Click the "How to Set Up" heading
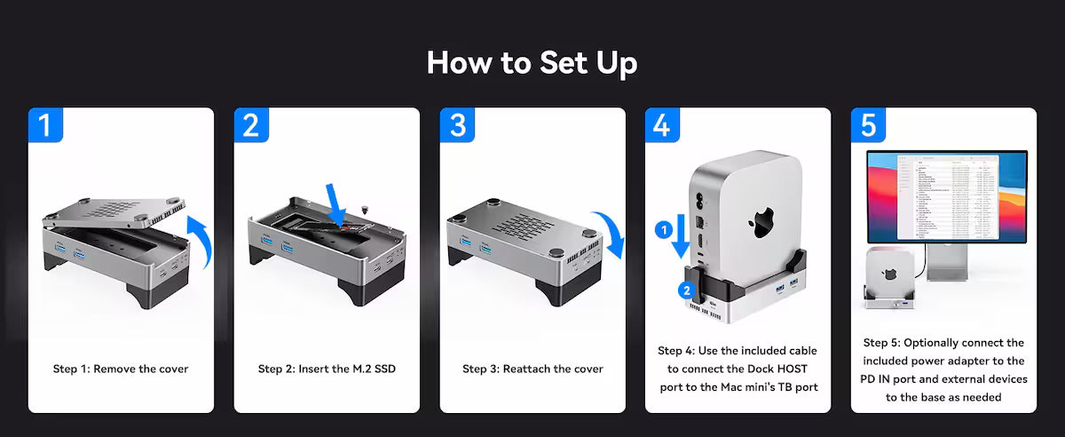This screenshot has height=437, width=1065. pos(532,63)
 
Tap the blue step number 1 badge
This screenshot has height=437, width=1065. pos(45,125)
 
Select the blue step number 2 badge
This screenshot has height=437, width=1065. pos(251,125)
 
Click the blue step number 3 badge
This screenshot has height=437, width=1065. pos(457,125)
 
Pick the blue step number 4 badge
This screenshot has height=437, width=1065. pos(662,125)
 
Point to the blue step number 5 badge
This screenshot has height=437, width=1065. pos(868,125)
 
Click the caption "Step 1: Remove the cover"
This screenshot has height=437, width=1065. pos(121,369)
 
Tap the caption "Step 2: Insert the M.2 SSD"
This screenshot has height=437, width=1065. pos(327,369)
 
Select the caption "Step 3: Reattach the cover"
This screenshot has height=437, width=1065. pos(532,369)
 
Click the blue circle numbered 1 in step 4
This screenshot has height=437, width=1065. pos(662,230)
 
